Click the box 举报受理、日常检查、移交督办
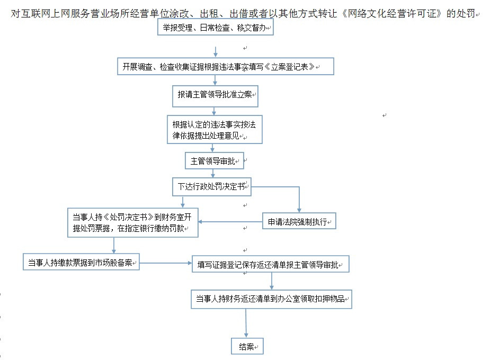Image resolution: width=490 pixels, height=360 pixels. pos(215,27)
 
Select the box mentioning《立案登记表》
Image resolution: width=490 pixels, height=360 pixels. pos(226,66)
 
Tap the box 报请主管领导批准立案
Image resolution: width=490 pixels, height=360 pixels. pos(215,96)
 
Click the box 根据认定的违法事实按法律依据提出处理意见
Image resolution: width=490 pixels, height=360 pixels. pos(215,130)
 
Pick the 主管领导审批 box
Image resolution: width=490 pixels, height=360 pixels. pos(215,161)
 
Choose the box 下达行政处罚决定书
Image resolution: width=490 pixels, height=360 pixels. pos(212,187)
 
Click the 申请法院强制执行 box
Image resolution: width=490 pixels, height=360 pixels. pos(299,221)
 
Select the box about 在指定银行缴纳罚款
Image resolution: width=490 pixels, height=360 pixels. pos(133,223)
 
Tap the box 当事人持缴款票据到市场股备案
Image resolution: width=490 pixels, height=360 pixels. pos(81,262)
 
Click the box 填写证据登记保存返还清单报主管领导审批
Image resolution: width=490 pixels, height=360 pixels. pos(271,264)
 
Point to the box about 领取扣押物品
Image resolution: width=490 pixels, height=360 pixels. pos(272,299)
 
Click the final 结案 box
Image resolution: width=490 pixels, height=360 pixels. pos(247,346)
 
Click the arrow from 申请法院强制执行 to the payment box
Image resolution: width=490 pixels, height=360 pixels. pos(230,222)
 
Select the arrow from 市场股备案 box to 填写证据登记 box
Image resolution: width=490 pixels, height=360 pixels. pos(166,263)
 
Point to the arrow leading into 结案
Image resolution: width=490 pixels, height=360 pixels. pos(246,323)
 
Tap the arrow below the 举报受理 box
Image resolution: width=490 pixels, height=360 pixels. pos(215,52)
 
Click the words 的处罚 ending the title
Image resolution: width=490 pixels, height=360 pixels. pos(461,13)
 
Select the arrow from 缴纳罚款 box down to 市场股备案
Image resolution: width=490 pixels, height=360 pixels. pos(114,246)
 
